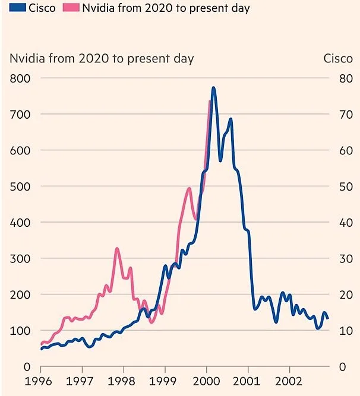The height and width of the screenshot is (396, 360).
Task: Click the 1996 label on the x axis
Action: click(x=40, y=381)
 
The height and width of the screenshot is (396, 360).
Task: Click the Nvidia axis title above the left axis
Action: click(x=102, y=58)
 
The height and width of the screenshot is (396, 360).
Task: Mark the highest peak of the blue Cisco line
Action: click(x=213, y=88)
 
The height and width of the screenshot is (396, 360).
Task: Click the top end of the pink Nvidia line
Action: click(x=210, y=102)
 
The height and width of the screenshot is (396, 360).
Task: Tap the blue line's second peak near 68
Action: click(x=230, y=119)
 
